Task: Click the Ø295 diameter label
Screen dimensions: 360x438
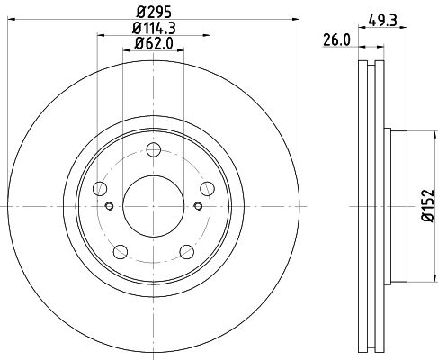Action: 153,13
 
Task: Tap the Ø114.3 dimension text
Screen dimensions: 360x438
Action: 153,30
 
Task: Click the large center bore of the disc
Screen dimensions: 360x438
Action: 153,197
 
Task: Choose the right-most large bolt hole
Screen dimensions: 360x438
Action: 207,188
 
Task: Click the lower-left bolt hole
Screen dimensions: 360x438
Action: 121,251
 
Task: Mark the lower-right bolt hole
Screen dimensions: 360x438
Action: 186,251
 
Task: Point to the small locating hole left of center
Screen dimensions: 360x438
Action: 110,206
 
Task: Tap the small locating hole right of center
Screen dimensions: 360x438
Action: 197,206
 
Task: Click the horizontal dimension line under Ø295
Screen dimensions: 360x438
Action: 153,22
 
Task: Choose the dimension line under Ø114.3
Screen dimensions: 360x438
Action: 153,37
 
